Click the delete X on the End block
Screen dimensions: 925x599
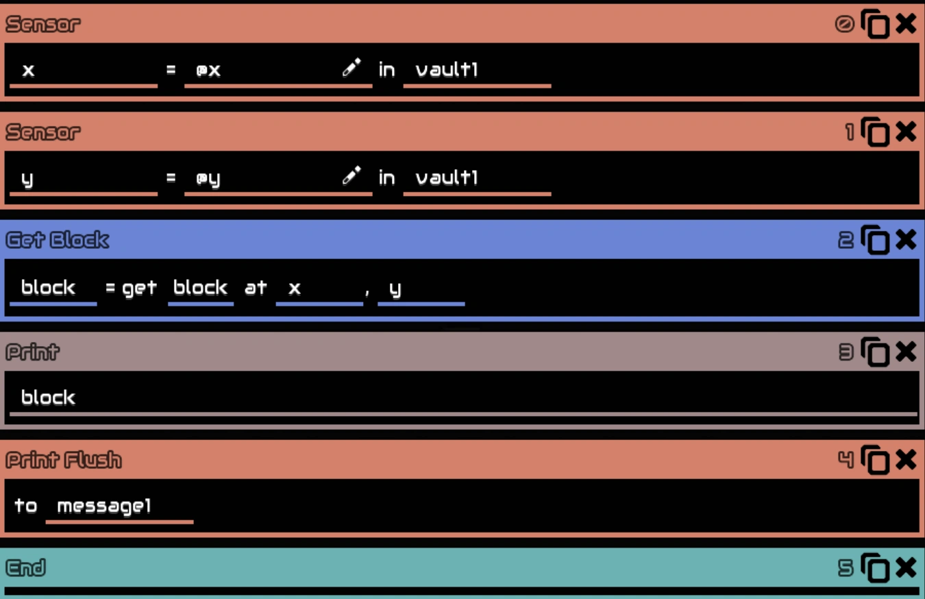point(906,567)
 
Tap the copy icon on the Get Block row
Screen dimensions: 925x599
point(875,240)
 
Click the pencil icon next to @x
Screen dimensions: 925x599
point(351,68)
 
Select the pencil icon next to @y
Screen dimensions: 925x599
point(351,176)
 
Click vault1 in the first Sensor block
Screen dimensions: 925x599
point(476,70)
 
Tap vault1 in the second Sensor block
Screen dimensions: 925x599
point(476,178)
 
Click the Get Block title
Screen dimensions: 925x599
point(58,240)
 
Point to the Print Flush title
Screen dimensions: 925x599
point(64,460)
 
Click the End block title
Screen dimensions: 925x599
point(26,567)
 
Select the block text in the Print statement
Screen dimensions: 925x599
point(48,398)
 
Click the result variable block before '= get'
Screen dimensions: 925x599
point(52,288)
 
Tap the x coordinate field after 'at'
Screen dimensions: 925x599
point(319,288)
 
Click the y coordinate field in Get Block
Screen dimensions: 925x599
point(420,288)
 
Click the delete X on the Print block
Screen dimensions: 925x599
point(906,352)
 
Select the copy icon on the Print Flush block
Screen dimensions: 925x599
point(875,460)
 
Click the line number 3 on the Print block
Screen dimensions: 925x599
point(846,352)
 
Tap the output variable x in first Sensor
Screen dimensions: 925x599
point(82,70)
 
